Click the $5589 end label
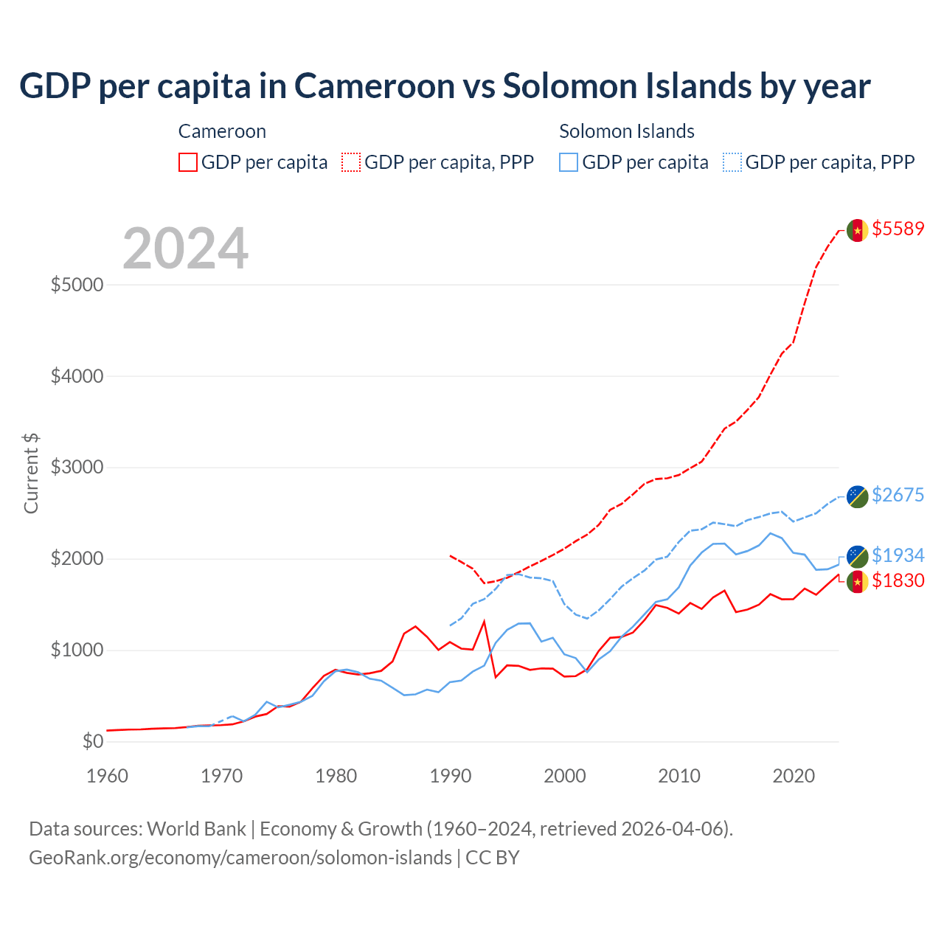point(898,229)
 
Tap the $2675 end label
point(898,495)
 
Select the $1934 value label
point(898,555)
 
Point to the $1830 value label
point(898,580)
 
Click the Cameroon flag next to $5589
point(857,230)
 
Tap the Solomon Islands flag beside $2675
point(857,496)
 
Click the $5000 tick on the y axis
point(77,285)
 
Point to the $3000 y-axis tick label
point(77,468)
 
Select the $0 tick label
point(92,741)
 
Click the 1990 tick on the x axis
point(451,776)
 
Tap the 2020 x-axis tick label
point(794,776)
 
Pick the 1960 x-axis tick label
point(108,776)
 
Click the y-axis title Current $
point(31,473)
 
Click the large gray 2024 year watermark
point(185,249)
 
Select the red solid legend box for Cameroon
point(188,162)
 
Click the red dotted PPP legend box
point(351,162)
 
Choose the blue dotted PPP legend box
point(732,162)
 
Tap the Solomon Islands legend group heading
point(627,131)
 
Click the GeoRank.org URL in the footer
point(240,858)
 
